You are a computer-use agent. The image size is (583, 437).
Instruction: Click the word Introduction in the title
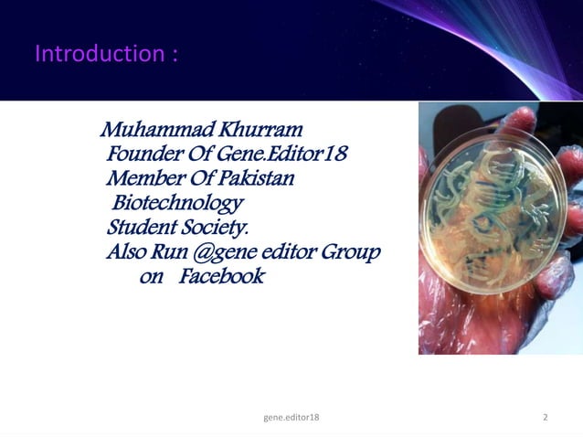click(98, 54)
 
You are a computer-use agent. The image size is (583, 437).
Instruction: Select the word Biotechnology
click(177, 201)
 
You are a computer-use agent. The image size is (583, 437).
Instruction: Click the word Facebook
click(221, 276)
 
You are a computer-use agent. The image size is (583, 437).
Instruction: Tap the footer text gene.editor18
click(291, 418)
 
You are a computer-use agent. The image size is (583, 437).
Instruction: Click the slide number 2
click(546, 418)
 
